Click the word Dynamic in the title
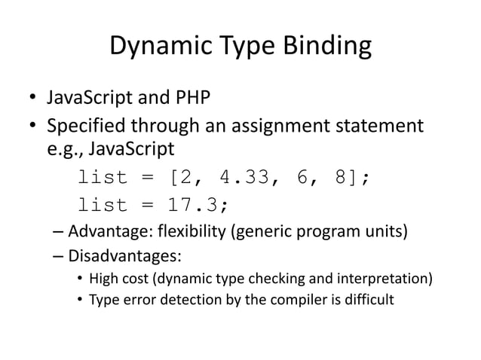155,47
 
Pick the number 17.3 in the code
197,204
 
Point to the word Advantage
107,230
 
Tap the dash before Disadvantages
59,255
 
